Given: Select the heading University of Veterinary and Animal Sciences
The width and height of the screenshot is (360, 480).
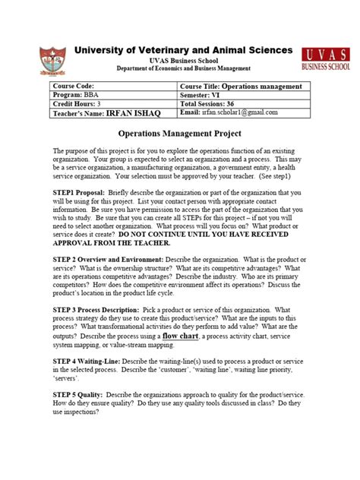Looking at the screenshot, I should (x=183, y=50).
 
